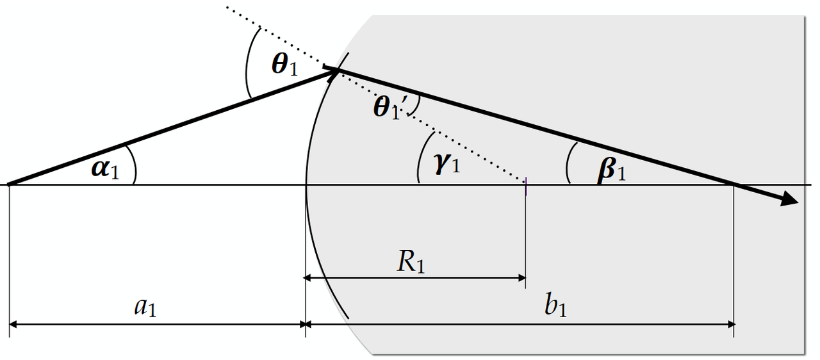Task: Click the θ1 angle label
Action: point(285,65)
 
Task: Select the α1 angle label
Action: point(105,169)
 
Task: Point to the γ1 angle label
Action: point(447,164)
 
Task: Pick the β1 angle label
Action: point(611,170)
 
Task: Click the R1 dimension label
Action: point(411,263)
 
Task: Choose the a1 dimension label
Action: point(145,307)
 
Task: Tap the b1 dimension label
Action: point(555,304)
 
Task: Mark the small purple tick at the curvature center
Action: point(526,186)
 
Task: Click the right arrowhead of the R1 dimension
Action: point(522,278)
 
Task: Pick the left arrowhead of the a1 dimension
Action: point(13,324)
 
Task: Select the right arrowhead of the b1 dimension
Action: point(731,324)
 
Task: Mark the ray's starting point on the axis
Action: point(10,184)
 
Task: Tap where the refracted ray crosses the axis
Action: point(734,184)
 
